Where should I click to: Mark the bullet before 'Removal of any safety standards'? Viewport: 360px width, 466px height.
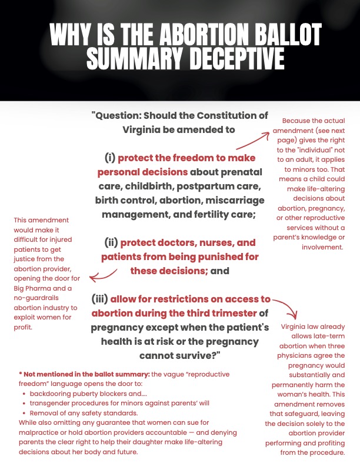23,413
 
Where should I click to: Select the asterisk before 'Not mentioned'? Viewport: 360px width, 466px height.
20,374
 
